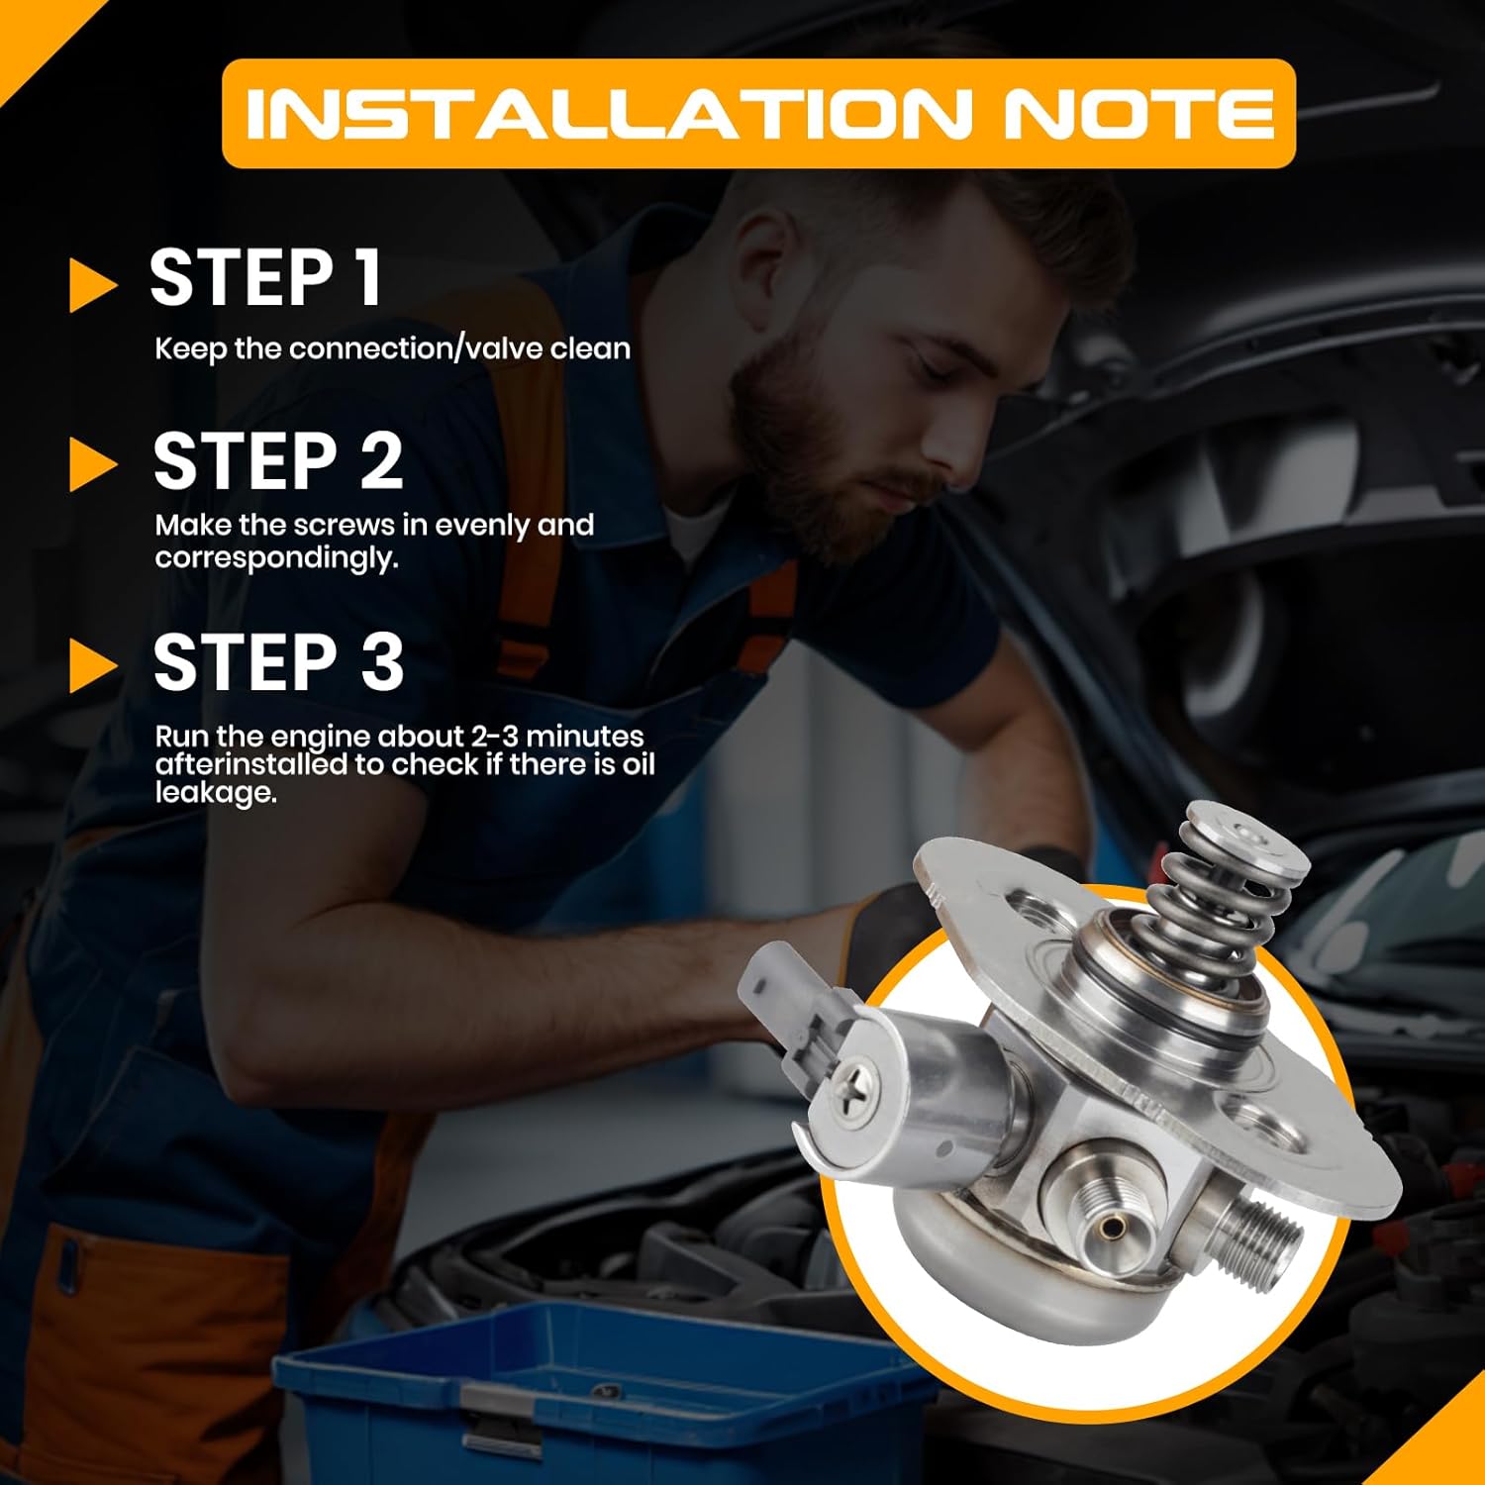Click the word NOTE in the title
pos(1138,114)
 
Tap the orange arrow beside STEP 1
pos(93,285)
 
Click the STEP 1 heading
pos(265,279)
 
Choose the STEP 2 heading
pos(277,461)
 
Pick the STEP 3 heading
pos(278,663)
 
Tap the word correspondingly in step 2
pos(276,558)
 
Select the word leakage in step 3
pos(214,793)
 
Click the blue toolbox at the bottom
pos(594,1396)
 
